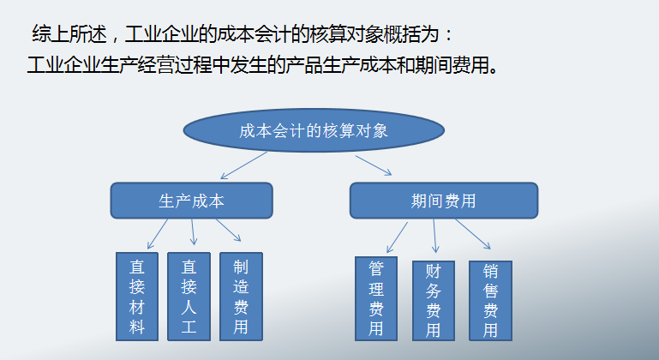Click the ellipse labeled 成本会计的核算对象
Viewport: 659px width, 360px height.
[314, 131]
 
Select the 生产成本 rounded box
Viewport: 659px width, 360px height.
[191, 201]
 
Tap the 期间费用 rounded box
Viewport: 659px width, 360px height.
[443, 201]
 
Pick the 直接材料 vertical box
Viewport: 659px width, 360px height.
[137, 296]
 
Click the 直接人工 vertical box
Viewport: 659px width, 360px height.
[189, 296]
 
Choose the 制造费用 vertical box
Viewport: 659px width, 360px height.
[241, 296]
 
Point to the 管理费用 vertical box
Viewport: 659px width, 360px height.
[376, 298]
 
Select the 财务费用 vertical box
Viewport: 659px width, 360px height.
[434, 300]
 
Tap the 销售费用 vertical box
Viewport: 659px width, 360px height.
[490, 300]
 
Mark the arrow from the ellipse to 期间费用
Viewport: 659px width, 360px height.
[374, 165]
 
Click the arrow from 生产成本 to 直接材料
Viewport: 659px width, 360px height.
[157, 233]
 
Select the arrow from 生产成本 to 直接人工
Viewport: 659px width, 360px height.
[193, 232]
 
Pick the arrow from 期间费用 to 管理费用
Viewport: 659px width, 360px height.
[396, 235]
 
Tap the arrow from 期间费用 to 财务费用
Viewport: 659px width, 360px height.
[434, 236]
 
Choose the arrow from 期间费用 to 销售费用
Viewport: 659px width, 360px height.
[472, 234]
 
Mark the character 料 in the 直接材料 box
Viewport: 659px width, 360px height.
[137, 327]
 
